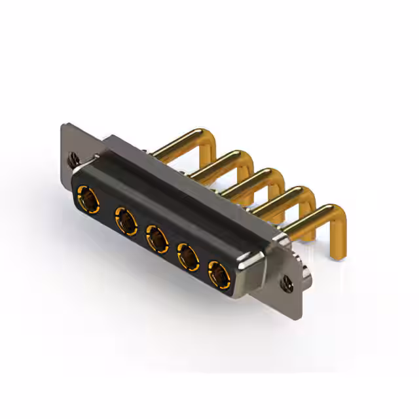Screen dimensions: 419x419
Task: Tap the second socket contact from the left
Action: click(x=124, y=219)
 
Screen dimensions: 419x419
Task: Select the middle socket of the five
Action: click(x=156, y=238)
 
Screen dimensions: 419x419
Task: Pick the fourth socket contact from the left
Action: click(x=189, y=257)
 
